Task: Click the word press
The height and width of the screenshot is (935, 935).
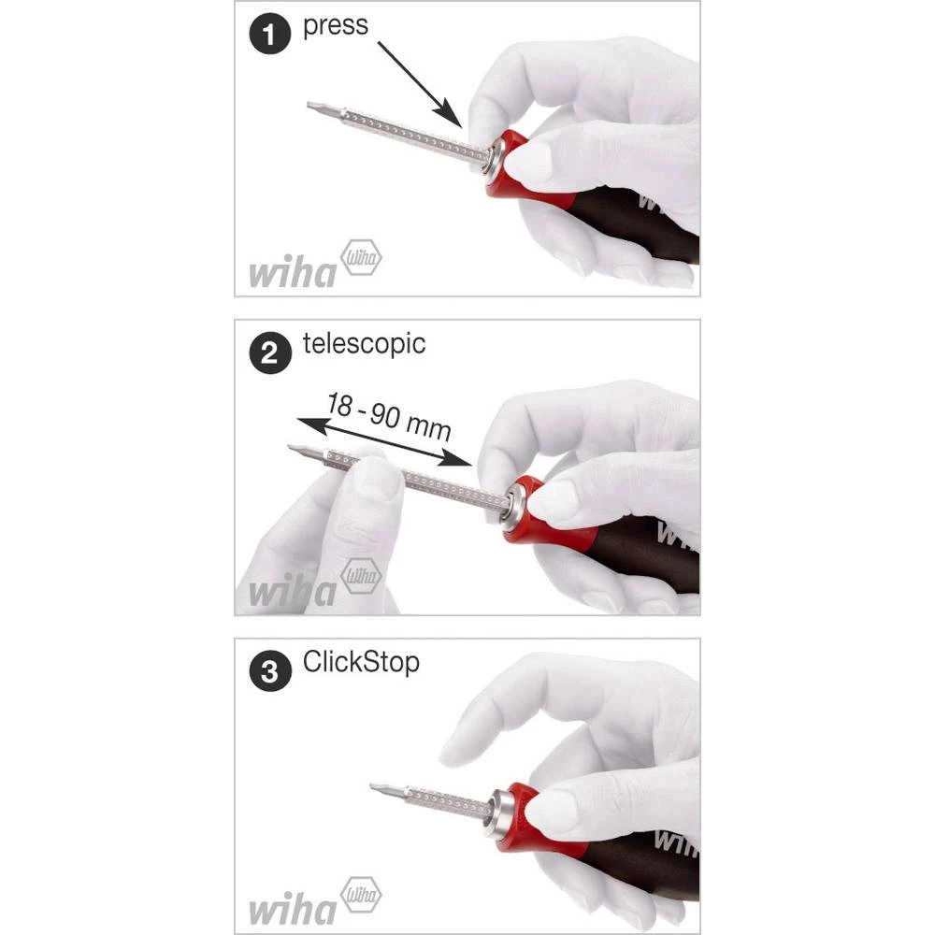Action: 335,25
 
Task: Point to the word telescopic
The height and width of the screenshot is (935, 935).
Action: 364,343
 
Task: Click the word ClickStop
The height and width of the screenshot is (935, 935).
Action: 361,662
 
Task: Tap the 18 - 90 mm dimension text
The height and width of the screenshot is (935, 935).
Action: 389,417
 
